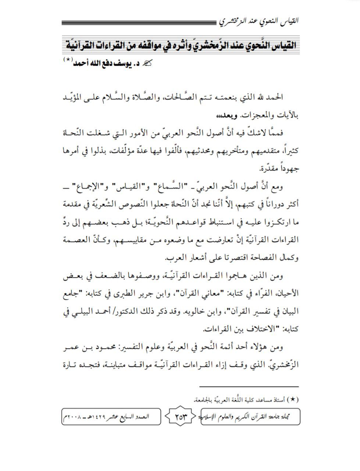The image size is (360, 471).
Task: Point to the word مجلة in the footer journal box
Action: (x=293, y=417)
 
